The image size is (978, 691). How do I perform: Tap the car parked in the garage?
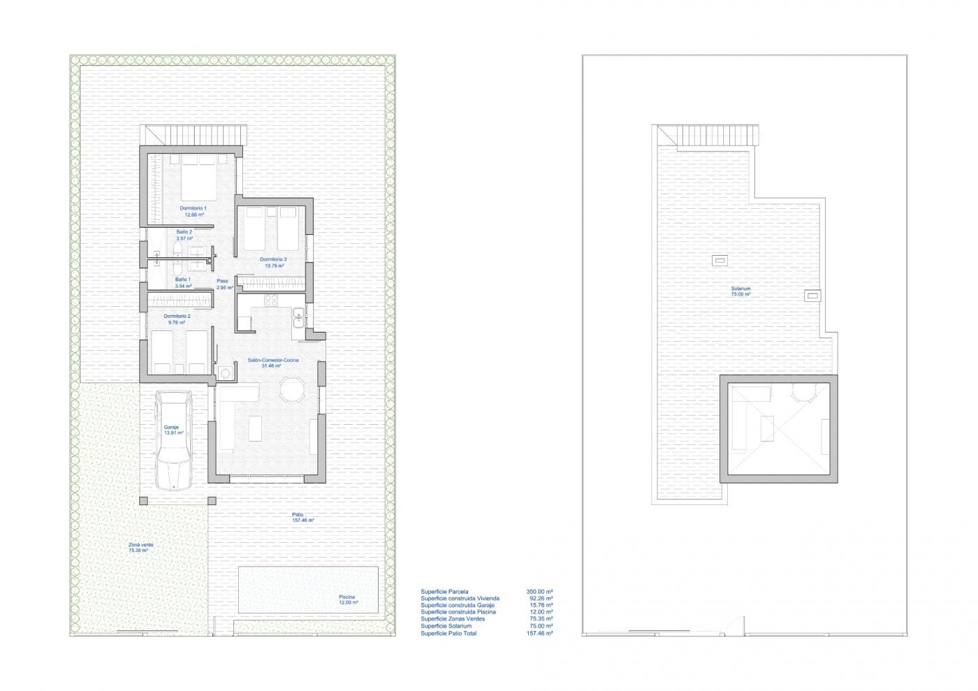pyautogui.click(x=173, y=440)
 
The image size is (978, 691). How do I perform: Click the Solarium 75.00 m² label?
pyautogui.click(x=740, y=291)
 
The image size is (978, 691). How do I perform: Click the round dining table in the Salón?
pyautogui.click(x=292, y=390)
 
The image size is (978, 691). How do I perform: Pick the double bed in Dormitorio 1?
pyautogui.click(x=199, y=177)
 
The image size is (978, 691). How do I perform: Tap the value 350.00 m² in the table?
pyautogui.click(x=539, y=591)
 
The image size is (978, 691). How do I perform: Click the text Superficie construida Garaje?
pyautogui.click(x=458, y=605)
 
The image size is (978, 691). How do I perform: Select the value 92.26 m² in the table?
pyautogui.click(x=540, y=598)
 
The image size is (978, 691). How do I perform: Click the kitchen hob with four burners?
pyautogui.click(x=271, y=301)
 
